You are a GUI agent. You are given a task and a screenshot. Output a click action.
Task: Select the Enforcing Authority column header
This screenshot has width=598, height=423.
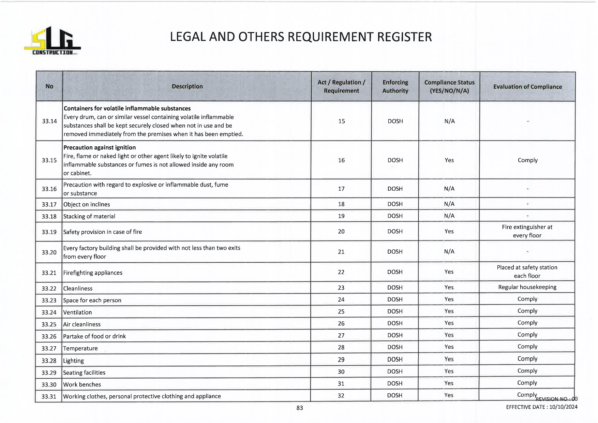(395, 87)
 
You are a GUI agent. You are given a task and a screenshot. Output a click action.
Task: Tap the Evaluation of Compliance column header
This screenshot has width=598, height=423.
(527, 87)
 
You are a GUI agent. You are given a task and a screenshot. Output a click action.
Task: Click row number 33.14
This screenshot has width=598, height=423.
(49, 121)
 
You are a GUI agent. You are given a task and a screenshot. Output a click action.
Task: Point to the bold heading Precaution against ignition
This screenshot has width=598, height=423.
(100, 147)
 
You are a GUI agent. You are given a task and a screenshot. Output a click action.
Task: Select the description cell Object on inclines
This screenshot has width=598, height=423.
(87, 204)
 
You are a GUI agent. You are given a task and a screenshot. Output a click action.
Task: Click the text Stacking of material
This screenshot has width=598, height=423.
(89, 216)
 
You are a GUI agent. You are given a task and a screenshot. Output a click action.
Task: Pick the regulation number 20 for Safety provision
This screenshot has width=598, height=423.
(341, 232)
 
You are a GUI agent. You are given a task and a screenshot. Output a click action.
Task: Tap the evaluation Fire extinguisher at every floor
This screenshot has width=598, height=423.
(527, 231)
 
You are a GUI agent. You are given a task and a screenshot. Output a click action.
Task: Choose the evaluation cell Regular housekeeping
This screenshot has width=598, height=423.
(527, 287)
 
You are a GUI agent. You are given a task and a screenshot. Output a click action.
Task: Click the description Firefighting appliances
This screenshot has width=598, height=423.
(93, 273)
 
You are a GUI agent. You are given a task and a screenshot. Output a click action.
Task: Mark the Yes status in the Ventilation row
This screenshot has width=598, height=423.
(449, 311)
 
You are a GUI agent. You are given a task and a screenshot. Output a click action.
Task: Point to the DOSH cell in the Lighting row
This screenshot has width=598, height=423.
(395, 359)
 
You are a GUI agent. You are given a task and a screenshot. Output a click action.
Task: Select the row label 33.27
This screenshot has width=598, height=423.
(49, 348)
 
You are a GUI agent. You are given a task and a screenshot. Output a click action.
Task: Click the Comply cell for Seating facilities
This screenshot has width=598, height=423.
(527, 371)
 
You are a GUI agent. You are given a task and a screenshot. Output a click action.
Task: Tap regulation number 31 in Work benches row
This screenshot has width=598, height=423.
(341, 384)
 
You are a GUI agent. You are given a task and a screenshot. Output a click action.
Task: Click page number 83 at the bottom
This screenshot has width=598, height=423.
(300, 408)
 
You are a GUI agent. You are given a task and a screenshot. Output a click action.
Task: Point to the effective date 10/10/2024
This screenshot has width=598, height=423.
(563, 407)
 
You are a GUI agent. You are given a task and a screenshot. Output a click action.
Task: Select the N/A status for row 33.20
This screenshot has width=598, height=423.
(449, 252)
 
